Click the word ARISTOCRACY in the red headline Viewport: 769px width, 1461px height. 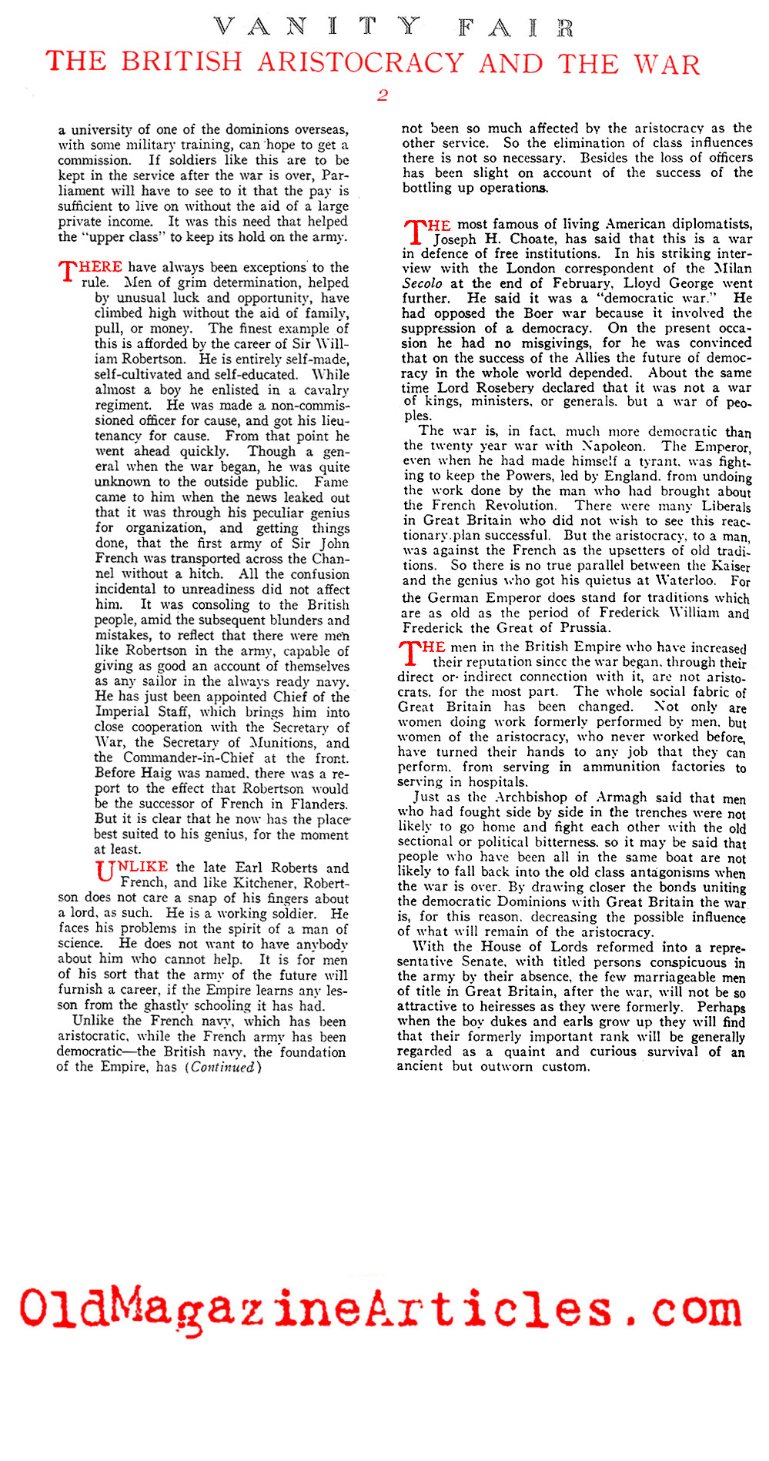[363, 62]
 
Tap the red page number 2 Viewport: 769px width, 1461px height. [382, 95]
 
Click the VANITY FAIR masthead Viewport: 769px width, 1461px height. [393, 28]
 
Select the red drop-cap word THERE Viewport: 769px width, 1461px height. [91, 268]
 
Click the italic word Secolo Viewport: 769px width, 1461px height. [423, 283]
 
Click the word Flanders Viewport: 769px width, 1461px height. [319, 804]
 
